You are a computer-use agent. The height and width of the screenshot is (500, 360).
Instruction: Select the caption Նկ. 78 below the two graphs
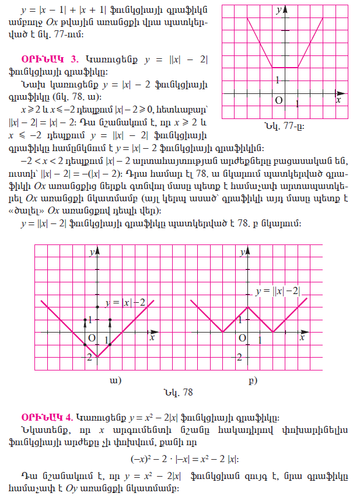pos(180,392)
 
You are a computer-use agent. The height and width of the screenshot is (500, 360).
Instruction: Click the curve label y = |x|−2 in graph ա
pos(125,302)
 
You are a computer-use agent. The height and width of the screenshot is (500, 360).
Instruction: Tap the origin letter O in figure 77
pos(279,100)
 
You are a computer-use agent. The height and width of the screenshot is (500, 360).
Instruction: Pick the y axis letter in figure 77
pos(279,10)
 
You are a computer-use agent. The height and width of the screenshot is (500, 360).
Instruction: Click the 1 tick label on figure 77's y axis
pos(278,80)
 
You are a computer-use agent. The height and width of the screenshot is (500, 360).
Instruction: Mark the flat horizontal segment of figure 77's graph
pos(285,67)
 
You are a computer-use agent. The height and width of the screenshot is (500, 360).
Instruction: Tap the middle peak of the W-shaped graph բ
pos(247,307)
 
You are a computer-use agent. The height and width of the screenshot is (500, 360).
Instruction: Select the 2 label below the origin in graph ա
pos(90,356)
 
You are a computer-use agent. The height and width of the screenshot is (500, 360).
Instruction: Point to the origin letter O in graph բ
pos(241,338)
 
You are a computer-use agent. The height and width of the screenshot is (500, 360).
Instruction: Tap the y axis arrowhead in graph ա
pos(97,250)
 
